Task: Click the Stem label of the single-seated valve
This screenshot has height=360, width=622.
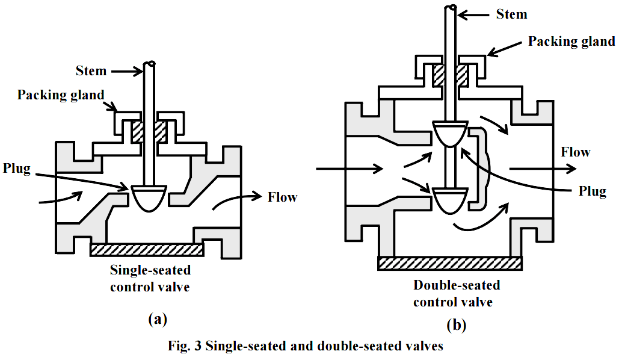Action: pyautogui.click(x=91, y=71)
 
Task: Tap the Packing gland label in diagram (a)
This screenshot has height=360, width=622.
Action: pyautogui.click(x=61, y=95)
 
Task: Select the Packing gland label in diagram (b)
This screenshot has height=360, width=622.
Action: pyautogui.click(x=571, y=42)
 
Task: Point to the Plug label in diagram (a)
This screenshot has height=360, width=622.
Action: pyautogui.click(x=16, y=168)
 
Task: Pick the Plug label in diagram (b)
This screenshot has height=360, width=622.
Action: pyautogui.click(x=592, y=191)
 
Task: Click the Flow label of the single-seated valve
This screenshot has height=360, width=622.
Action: pyautogui.click(x=283, y=197)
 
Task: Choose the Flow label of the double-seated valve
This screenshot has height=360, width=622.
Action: pyautogui.click(x=576, y=152)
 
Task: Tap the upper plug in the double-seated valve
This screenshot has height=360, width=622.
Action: pyautogui.click(x=450, y=132)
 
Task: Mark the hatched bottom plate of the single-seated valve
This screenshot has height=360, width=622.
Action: pyautogui.click(x=147, y=249)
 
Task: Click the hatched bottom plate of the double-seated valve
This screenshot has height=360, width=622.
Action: pyautogui.click(x=449, y=262)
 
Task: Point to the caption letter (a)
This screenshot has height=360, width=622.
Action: pyautogui.click(x=157, y=320)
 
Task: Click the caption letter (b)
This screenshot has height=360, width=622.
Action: pyautogui.click(x=457, y=326)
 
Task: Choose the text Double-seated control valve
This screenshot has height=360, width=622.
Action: pyautogui.click(x=457, y=293)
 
